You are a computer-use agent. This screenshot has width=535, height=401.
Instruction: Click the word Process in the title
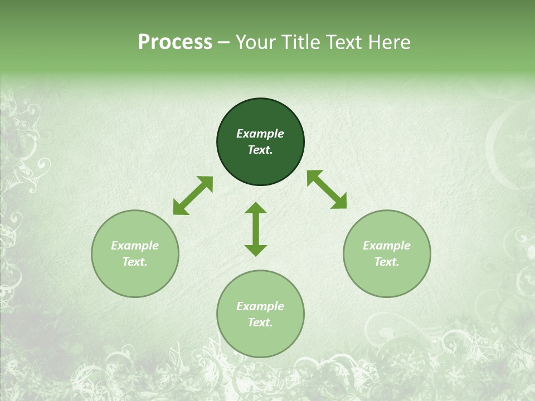pos(175,42)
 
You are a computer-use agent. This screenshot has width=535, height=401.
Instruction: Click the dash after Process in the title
pos(224,43)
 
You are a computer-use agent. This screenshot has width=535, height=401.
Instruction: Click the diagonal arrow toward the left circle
pos(193,195)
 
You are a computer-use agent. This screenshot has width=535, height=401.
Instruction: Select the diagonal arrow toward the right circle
pos(327,189)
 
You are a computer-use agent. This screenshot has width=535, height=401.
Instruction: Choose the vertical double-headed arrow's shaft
pos(256,229)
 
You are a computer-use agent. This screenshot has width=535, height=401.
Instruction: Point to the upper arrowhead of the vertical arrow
pos(256,208)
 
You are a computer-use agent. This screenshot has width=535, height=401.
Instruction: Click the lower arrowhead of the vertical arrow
pos(256,250)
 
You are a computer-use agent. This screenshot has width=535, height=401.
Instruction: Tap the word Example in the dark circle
pos(260,134)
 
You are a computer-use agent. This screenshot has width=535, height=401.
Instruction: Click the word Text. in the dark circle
pos(260,150)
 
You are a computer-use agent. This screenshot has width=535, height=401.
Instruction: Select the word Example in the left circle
pos(135,246)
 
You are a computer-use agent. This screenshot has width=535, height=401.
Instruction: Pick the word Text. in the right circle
pos(387,262)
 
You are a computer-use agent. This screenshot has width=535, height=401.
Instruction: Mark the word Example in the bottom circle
pos(260,306)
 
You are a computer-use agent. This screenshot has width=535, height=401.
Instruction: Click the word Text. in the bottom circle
pos(260,322)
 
